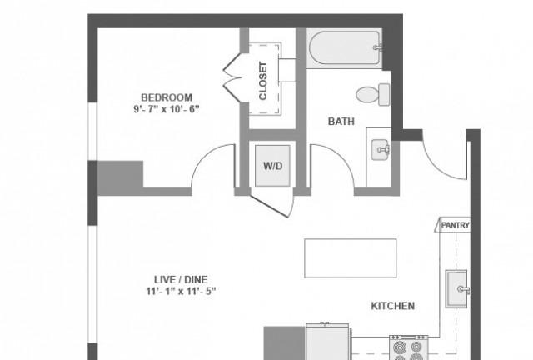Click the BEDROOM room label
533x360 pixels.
click(167, 97)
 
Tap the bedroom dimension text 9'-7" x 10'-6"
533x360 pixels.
click(167, 109)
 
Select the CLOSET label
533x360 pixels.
click(263, 81)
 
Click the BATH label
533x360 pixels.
click(341, 122)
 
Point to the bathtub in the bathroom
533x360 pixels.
click(345, 48)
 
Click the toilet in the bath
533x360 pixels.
click(373, 95)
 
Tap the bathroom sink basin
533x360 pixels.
click(380, 149)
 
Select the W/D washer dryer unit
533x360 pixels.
click(272, 166)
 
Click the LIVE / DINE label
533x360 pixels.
click(181, 280)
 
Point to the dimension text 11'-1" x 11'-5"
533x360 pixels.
click(181, 292)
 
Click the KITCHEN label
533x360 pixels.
click(392, 306)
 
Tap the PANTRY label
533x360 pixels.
click(455, 225)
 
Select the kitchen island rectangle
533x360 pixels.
click(351, 258)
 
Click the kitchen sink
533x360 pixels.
click(456, 289)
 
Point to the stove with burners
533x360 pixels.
click(408, 347)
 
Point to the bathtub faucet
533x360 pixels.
click(377, 47)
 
